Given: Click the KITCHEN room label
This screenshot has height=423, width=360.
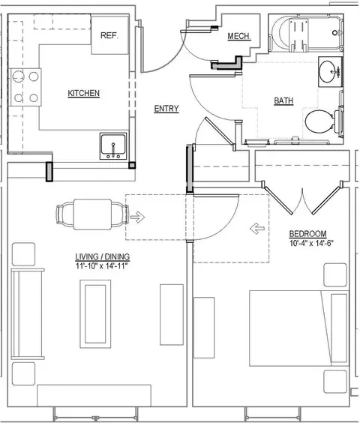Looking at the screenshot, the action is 84,93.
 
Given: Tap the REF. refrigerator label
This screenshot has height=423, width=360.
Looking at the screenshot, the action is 109,35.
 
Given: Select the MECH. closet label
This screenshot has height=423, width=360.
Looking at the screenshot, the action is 239,36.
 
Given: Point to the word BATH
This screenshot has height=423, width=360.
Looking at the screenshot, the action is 283,100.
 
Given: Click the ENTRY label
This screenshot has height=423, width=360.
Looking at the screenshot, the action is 166,109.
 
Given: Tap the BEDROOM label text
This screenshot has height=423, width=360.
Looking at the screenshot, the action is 307,233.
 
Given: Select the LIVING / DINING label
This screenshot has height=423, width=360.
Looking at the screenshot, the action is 102,256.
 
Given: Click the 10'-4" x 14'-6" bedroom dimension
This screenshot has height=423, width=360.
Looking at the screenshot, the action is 311,243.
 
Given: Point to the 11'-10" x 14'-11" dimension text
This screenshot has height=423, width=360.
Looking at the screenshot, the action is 101,266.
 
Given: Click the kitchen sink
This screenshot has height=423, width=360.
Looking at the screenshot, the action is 113,146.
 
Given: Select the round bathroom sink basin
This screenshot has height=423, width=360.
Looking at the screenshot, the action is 327,72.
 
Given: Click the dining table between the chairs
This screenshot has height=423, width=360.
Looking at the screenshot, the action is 92,214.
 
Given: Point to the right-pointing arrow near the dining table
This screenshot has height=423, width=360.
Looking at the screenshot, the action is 138,217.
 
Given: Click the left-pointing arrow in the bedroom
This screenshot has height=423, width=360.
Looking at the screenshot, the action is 257,229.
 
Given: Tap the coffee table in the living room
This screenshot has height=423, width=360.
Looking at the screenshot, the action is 95,314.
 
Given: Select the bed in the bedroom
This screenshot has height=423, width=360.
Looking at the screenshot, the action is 299,328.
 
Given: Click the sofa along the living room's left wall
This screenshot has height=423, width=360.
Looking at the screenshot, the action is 27,313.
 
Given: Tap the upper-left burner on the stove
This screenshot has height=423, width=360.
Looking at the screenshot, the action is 18,76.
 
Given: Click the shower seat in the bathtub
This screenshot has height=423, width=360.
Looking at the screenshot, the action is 298,34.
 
